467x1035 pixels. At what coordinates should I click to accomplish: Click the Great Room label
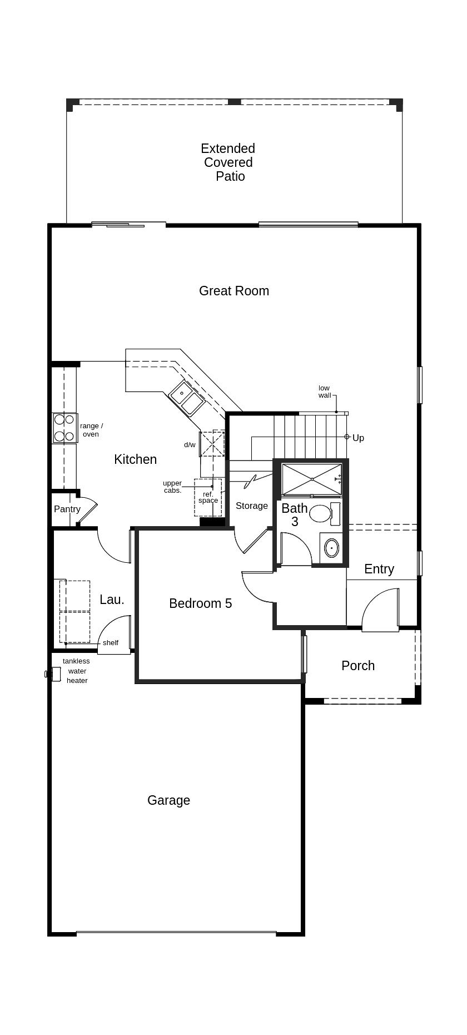click(x=233, y=291)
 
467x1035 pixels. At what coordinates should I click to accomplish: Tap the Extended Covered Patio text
click(x=228, y=162)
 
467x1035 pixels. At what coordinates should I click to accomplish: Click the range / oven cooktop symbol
click(x=64, y=428)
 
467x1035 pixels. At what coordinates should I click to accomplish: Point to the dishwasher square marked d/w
click(x=212, y=444)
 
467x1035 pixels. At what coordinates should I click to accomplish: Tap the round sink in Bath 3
click(x=331, y=548)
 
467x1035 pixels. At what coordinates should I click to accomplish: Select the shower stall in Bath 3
click(x=311, y=478)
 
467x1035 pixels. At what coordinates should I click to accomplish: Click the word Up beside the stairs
click(x=358, y=438)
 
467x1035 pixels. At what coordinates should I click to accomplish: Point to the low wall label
click(x=324, y=392)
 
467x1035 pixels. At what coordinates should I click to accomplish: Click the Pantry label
click(x=67, y=509)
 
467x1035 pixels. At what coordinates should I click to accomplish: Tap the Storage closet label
click(x=251, y=506)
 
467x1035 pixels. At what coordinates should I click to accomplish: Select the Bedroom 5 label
click(x=200, y=603)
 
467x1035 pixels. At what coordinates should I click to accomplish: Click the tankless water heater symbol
click(x=54, y=674)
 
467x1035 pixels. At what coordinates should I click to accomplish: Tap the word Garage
click(x=168, y=800)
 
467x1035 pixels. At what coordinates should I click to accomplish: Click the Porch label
click(x=358, y=666)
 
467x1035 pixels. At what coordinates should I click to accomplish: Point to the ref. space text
click(x=208, y=497)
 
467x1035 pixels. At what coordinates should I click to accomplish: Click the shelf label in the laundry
click(x=110, y=643)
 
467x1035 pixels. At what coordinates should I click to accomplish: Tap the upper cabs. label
click(x=172, y=487)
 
